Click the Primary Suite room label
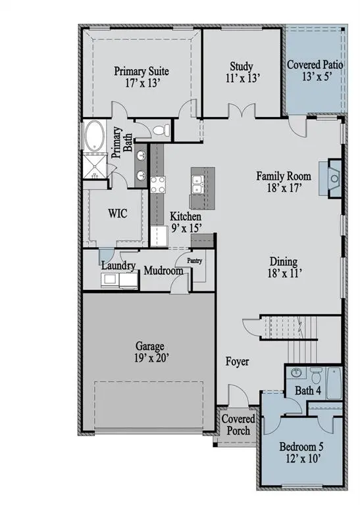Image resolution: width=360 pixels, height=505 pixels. click(141, 71)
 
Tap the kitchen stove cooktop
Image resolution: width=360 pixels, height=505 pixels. click(157, 185)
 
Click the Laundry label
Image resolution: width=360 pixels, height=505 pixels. click(119, 266)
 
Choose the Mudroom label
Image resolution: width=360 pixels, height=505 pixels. click(163, 270)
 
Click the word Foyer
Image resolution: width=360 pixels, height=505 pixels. click(238, 361)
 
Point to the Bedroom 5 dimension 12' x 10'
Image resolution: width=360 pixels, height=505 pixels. click(301, 459)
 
